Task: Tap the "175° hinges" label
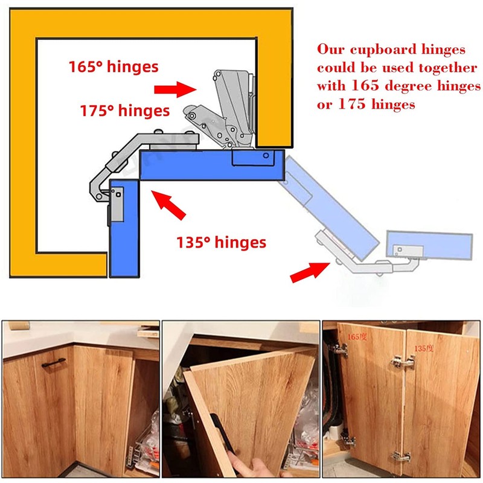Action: [124, 111]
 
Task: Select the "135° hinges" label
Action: [221, 242]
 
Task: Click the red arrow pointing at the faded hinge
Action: [310, 272]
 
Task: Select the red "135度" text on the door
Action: [424, 348]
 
